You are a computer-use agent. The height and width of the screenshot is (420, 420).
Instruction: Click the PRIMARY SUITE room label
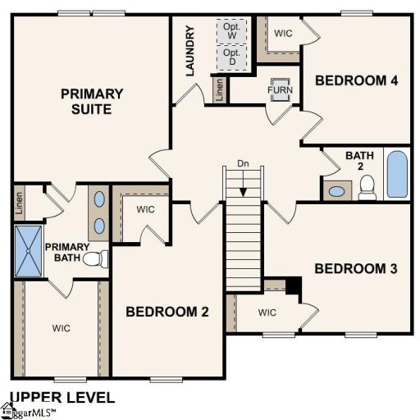[x=92, y=101]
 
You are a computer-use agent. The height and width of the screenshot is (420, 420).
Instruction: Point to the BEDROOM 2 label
[x=167, y=312]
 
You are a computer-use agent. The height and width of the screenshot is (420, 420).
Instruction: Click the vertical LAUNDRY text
[x=190, y=51]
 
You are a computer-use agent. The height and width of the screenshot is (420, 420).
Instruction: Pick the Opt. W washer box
[x=231, y=30]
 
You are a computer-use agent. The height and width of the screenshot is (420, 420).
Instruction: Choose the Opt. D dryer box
[x=231, y=57]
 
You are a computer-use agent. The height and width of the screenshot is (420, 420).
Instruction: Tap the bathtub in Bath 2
[x=396, y=173]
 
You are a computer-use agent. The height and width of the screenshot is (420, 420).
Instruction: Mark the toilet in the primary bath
[x=99, y=259]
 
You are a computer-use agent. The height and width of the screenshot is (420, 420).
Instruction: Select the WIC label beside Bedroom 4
[x=283, y=34]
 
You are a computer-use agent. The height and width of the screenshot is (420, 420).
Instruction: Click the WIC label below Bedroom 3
[x=268, y=312]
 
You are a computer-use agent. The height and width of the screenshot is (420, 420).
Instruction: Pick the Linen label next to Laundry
[x=219, y=89]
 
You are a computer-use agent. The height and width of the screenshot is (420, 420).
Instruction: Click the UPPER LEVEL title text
[x=52, y=396]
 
